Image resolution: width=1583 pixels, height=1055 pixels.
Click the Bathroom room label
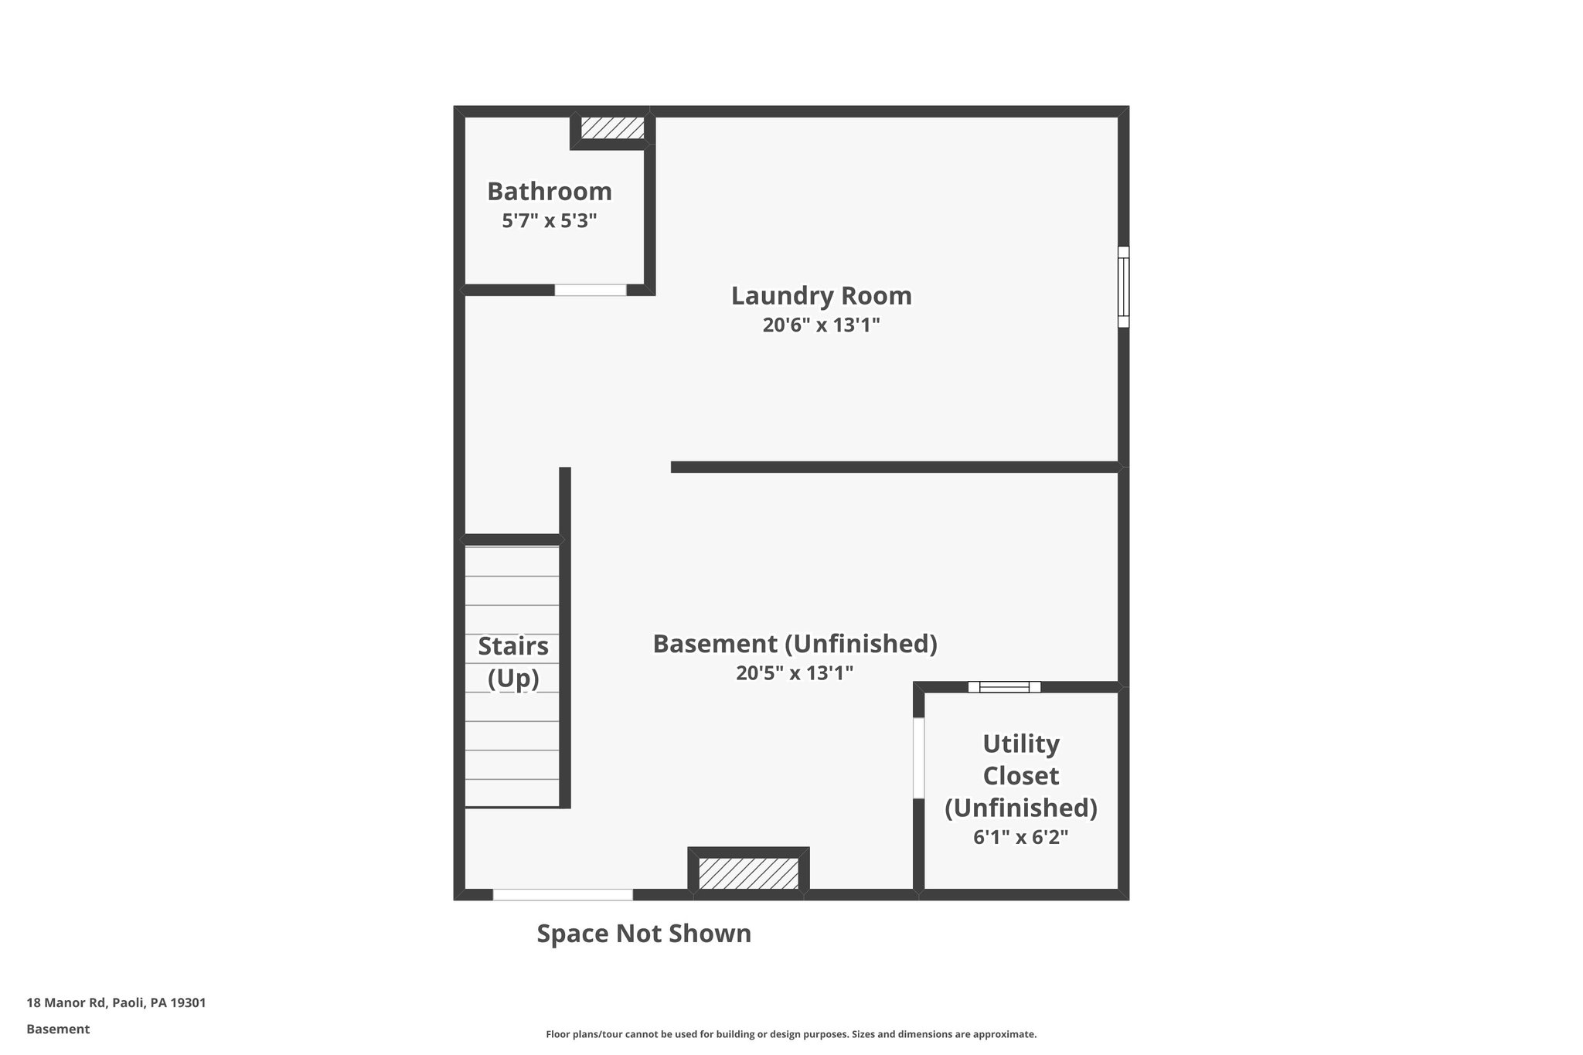click(x=549, y=191)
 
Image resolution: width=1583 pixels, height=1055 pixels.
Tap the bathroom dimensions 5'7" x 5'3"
click(x=549, y=221)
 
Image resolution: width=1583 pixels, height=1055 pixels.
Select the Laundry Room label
click(x=821, y=296)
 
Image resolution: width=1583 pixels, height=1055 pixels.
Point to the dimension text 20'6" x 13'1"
click(x=821, y=325)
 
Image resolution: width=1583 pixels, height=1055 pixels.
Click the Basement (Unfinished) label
click(x=795, y=644)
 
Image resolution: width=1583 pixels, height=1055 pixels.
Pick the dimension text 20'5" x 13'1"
click(x=794, y=673)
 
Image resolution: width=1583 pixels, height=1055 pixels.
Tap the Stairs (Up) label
click(x=513, y=662)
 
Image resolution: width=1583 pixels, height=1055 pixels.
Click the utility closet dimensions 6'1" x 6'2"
click(x=1020, y=837)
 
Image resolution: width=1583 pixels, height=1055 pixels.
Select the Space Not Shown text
click(x=644, y=934)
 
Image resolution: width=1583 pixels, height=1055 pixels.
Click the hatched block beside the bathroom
click(x=612, y=128)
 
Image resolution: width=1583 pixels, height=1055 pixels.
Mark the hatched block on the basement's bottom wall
click(x=748, y=873)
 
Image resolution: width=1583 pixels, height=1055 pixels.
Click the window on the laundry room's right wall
click(x=1123, y=287)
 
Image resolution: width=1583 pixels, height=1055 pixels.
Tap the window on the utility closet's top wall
click(x=1004, y=686)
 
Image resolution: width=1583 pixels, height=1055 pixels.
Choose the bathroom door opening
click(x=590, y=290)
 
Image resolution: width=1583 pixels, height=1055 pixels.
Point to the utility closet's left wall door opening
click(x=918, y=758)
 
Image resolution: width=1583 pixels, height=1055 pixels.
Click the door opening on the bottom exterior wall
click(x=563, y=894)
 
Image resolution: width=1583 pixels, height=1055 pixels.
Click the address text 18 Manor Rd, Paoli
click(x=116, y=1002)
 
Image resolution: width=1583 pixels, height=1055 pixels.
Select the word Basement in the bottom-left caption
click(x=58, y=1029)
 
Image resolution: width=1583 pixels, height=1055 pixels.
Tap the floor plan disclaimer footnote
click(x=791, y=1034)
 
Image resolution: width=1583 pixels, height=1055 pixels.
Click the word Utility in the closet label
click(x=1020, y=744)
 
